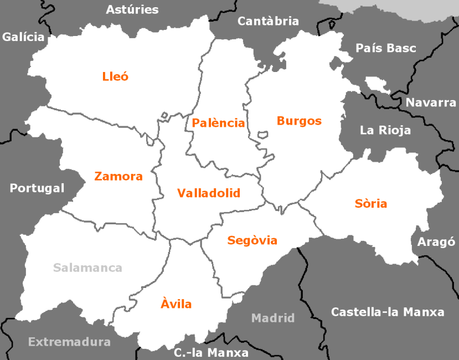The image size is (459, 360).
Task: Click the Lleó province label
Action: pyautogui.click(x=115, y=76)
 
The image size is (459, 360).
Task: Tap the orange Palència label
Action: pyautogui.click(x=218, y=123)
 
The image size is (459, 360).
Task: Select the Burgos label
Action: pyautogui.click(x=299, y=121)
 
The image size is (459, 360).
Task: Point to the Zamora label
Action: pyautogui.click(x=118, y=177)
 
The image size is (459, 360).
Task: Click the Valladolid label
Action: pyautogui.click(x=209, y=193)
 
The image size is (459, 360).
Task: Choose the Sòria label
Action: pyautogui.click(x=370, y=203)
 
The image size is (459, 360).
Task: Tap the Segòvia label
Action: pyautogui.click(x=252, y=240)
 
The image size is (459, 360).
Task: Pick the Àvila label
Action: pyautogui.click(x=176, y=304)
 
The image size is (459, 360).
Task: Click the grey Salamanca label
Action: pyautogui.click(x=87, y=268)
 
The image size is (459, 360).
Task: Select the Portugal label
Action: pyautogui.click(x=37, y=188)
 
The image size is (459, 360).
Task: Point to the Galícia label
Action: pyautogui.click(x=23, y=37)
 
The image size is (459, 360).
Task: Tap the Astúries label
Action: pyautogui.click(x=132, y=9)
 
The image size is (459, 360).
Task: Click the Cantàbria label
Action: pyautogui.click(x=268, y=21)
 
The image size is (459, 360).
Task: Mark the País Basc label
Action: pyautogui.click(x=386, y=48)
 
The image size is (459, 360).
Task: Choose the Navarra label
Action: pyautogui.click(x=431, y=102)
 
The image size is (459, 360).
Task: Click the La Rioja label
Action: pyautogui.click(x=385, y=131)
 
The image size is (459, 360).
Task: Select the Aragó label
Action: pyautogui.click(x=436, y=242)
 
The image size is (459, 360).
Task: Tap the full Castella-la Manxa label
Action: pyautogui.click(x=388, y=312)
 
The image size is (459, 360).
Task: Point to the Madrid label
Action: pyautogui.click(x=273, y=318)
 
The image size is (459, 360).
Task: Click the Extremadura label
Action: pyautogui.click(x=69, y=342)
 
